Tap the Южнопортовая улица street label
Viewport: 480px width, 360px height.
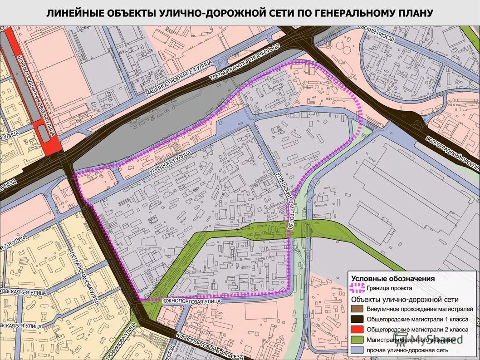[x=191, y=301]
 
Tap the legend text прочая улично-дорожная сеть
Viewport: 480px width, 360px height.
[x=407, y=350]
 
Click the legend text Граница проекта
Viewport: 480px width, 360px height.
[x=389, y=288]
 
